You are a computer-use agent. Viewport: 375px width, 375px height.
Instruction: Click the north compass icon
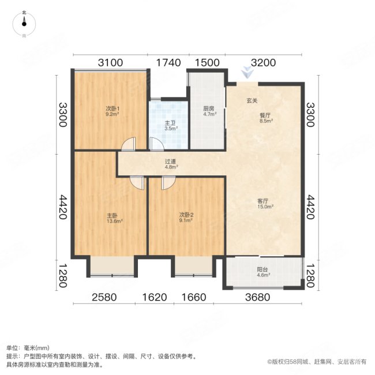click(x=24, y=22)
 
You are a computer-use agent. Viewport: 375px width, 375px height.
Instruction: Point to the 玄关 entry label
click(x=252, y=102)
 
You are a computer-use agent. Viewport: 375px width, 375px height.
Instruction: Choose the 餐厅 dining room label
click(x=265, y=115)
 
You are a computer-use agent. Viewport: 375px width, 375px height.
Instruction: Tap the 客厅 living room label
click(x=265, y=201)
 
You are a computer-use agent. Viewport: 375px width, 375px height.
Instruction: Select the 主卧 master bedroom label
click(x=112, y=216)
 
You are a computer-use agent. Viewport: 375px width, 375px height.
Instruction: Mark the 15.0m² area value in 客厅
click(x=265, y=206)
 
